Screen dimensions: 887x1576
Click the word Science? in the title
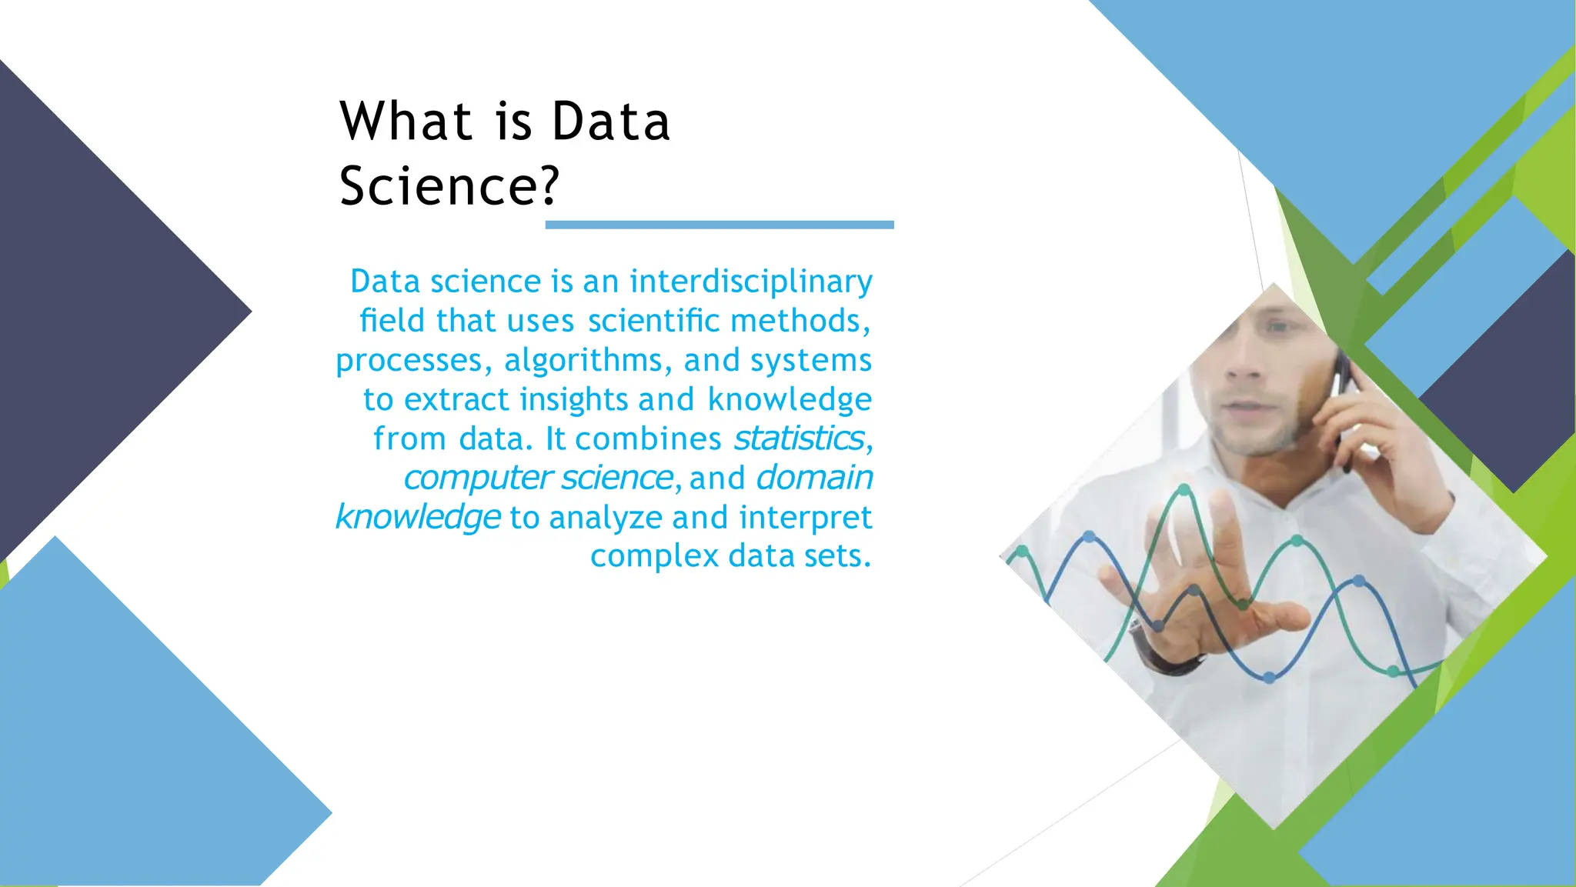[449, 186]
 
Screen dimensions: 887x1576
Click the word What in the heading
[406, 122]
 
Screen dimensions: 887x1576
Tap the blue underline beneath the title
[720, 225]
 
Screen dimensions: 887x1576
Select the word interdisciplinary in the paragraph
[751, 282]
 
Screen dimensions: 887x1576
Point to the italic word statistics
[799, 438]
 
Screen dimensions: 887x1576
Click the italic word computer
[478, 478]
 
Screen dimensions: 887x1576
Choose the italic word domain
[814, 478]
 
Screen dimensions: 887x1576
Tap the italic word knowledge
[418, 517]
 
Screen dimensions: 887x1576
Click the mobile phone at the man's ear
[1343, 408]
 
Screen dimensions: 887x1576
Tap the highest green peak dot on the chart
[1184, 490]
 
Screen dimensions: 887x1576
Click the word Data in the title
[611, 122]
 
